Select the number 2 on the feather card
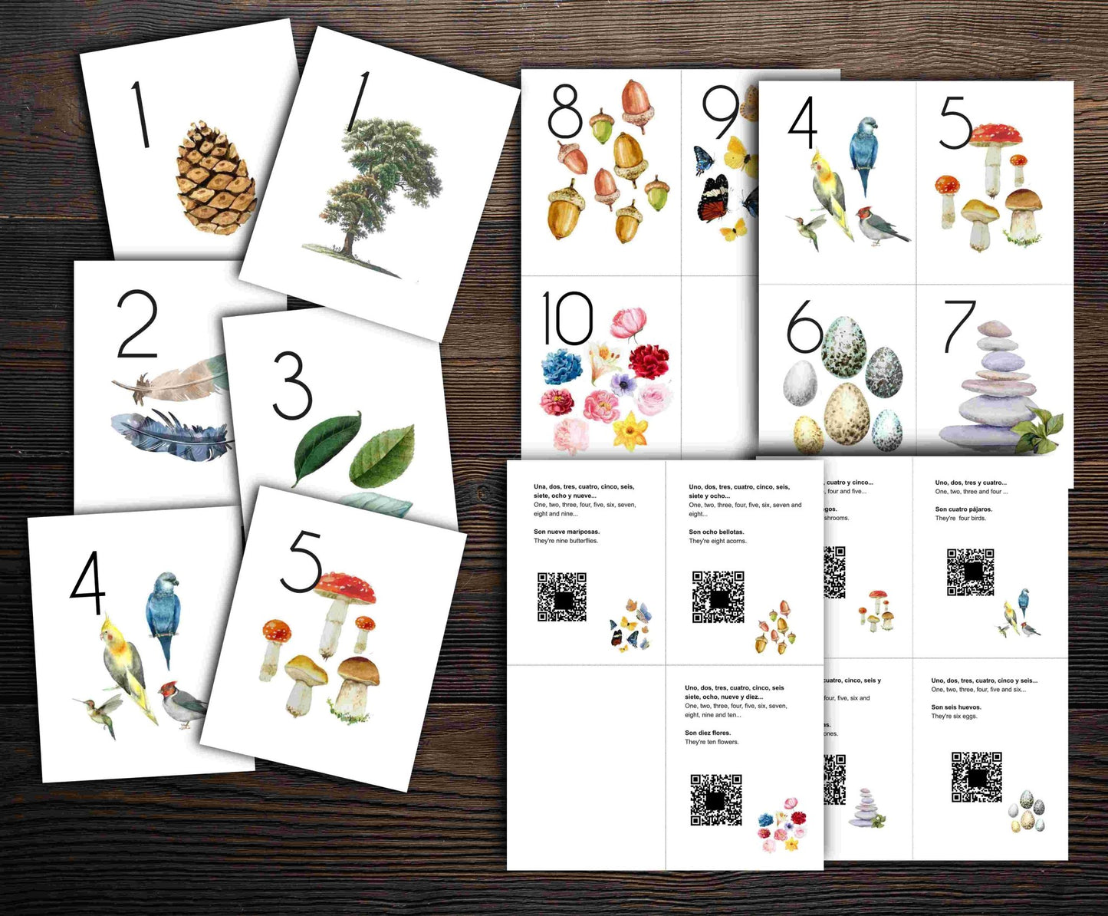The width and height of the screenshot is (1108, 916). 137,324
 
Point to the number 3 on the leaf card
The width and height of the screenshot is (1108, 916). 292,385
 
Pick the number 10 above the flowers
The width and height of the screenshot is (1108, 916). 567,318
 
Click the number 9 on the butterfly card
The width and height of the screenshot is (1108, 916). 720,113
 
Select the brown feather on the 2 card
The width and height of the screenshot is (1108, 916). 173,380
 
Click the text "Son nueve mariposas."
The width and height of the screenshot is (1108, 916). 567,532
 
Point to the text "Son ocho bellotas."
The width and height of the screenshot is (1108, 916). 716,532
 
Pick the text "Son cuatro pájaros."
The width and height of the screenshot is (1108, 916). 963,509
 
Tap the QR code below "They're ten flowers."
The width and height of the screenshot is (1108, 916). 715,799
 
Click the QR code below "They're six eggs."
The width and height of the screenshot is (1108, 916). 976,776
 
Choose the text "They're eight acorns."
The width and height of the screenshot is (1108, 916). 717,541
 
